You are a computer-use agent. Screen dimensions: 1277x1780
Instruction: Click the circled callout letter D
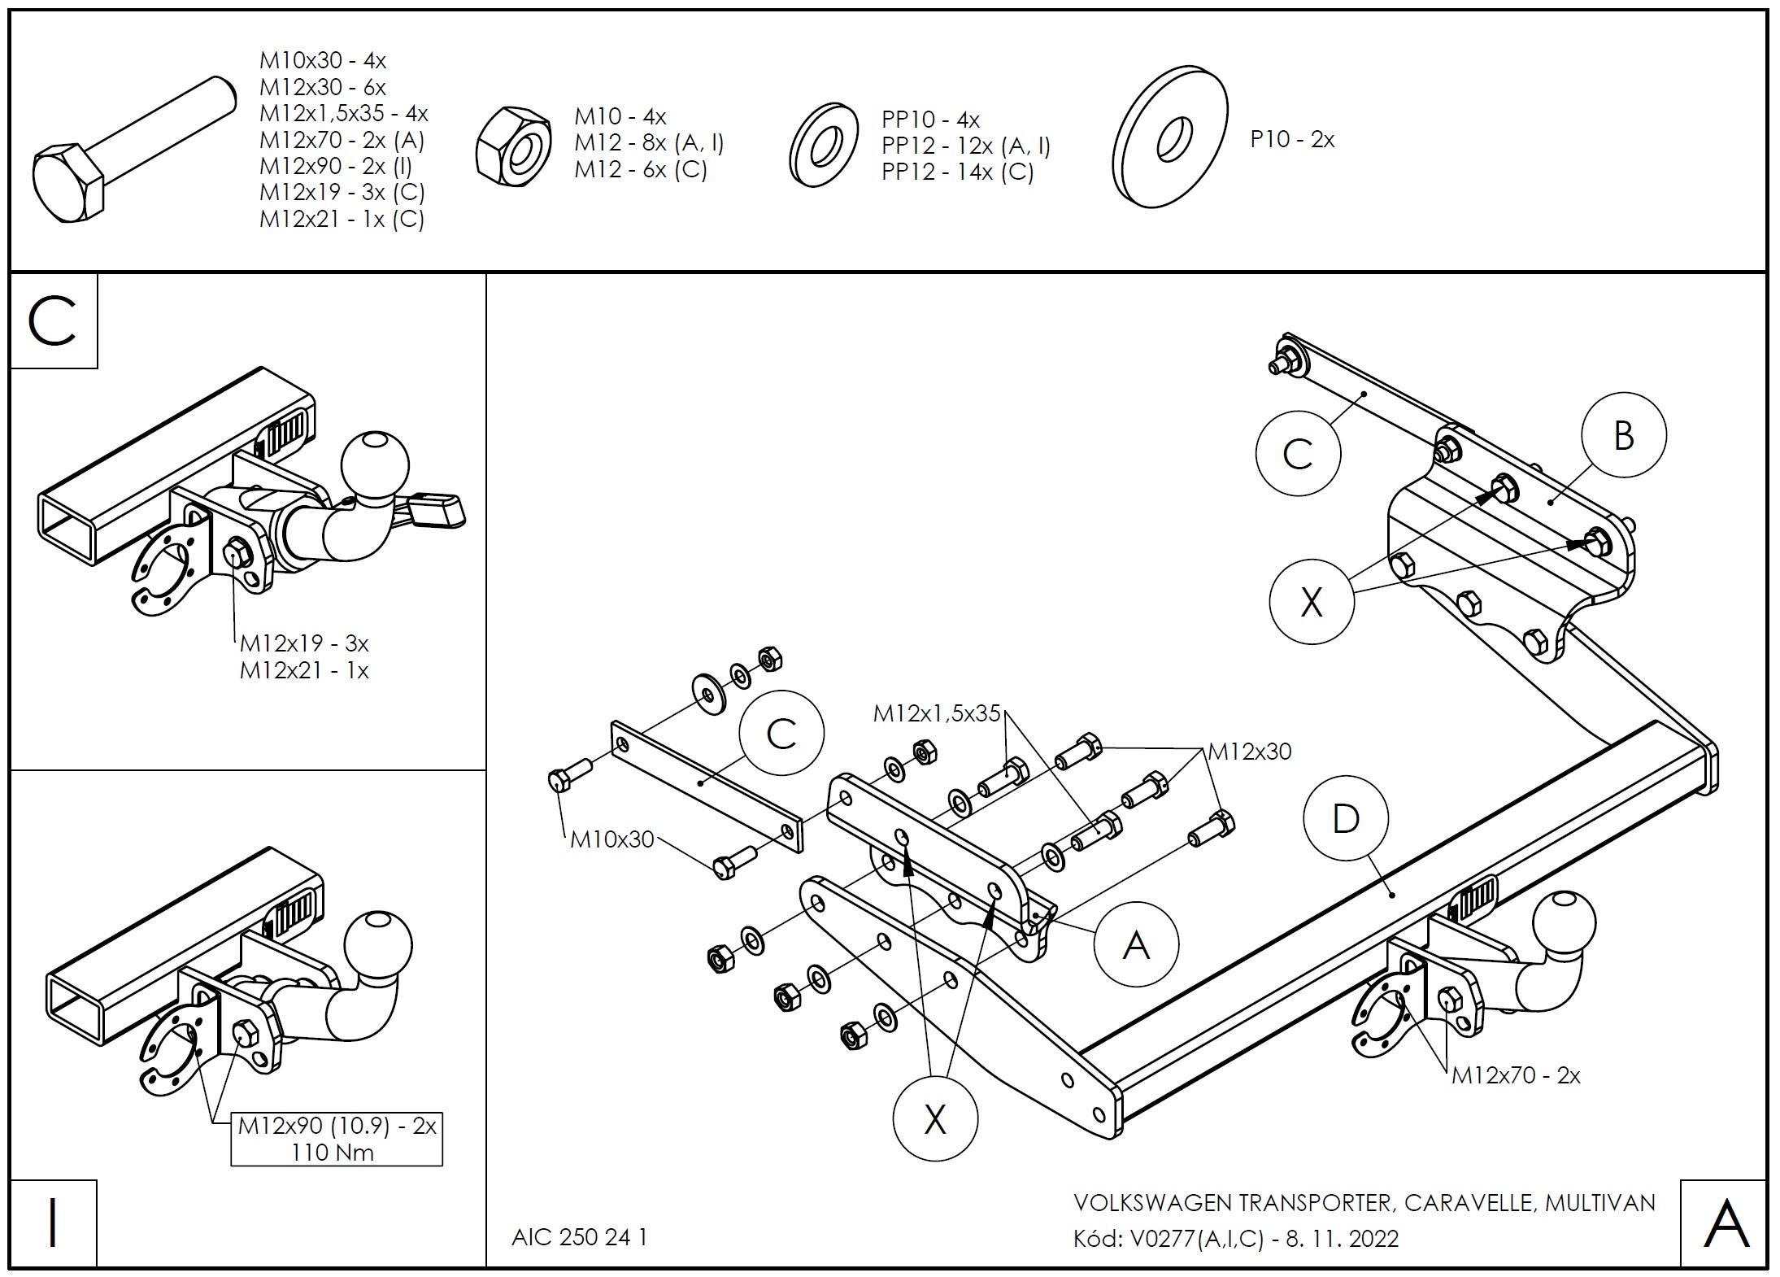pos(1345,819)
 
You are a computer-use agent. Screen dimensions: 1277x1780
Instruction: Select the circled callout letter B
pos(1623,435)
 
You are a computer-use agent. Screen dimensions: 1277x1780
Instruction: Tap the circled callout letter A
pos(1135,945)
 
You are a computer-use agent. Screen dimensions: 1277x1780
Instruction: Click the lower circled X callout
pos(935,1120)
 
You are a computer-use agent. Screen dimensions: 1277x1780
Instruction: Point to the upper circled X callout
pos(1311,603)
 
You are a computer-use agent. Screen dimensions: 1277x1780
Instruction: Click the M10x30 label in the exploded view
pos(611,839)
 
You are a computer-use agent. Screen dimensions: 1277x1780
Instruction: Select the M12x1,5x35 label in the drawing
pos(936,713)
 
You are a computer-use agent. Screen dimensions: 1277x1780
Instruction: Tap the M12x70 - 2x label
pos(1516,1075)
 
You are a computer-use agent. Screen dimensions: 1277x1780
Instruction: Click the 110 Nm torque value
pos(333,1152)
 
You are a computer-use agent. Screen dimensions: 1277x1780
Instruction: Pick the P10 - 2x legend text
pos(1292,139)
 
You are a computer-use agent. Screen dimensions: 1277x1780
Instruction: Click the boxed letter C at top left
pos(53,320)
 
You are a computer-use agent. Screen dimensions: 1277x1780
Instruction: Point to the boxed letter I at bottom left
pos(53,1223)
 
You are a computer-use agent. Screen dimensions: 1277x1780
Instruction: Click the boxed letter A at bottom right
pos(1725,1224)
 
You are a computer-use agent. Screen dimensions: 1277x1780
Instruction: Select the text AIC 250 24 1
pos(579,1237)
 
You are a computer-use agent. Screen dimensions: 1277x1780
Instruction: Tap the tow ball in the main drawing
pos(1563,925)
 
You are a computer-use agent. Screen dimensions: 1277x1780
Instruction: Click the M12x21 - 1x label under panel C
pos(304,670)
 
